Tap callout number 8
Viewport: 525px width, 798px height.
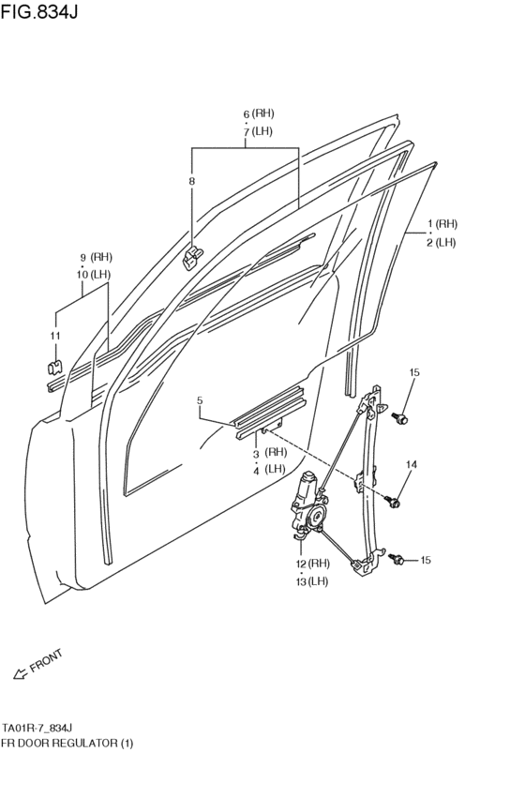[x=191, y=181]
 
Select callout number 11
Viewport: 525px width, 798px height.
[x=55, y=336]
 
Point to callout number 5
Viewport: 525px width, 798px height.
[x=200, y=401]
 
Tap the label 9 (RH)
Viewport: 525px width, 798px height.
[x=96, y=257]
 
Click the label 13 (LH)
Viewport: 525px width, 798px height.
[x=312, y=580]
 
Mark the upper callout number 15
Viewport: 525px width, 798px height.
[x=413, y=373]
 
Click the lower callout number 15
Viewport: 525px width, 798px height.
[x=425, y=560]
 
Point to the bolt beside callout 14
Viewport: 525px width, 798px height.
[x=394, y=504]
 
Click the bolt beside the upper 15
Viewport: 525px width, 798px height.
[x=402, y=418]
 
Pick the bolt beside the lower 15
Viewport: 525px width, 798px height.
[x=398, y=560]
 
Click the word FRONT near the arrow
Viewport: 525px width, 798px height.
[x=46, y=661]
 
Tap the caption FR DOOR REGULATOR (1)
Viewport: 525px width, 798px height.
[x=67, y=743]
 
